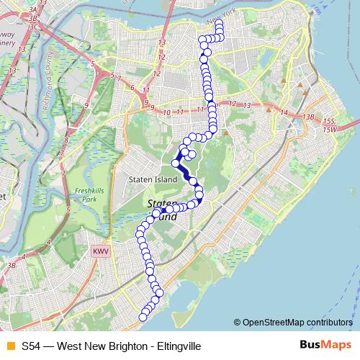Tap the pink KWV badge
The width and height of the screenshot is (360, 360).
pyautogui.click(x=99, y=251)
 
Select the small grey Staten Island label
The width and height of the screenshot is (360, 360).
pyautogui.click(x=147, y=179)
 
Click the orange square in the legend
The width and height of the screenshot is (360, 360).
pyautogui.click(x=9, y=346)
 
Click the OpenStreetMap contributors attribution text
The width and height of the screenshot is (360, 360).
pyautogui.click(x=296, y=322)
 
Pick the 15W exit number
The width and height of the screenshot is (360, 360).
pyautogui.click(x=330, y=129)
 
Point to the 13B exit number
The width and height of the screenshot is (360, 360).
pyautogui.click(x=310, y=117)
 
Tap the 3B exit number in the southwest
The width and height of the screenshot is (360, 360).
pyautogui.click(x=11, y=266)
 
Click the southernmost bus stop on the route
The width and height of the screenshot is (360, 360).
pyautogui.click(x=143, y=317)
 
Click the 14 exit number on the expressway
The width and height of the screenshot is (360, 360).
pyautogui.click(x=284, y=113)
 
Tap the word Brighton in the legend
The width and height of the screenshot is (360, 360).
pyautogui.click(x=125, y=346)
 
